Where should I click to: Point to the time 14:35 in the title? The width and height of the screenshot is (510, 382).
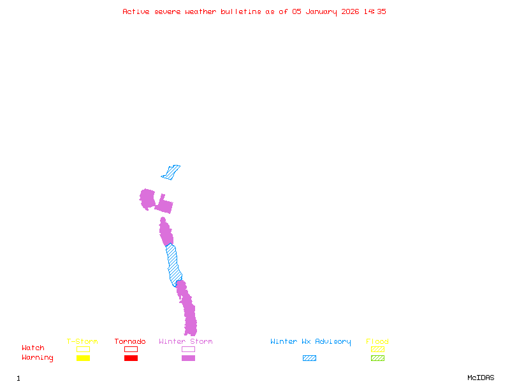[x=374, y=11]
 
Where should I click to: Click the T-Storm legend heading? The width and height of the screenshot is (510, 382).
[x=82, y=342]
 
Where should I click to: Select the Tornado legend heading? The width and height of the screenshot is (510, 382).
[x=130, y=342]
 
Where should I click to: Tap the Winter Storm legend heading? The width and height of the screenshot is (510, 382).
[x=186, y=342]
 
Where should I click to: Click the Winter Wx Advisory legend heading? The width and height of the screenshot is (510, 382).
[x=310, y=342]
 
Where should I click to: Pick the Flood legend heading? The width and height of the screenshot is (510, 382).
[x=377, y=342]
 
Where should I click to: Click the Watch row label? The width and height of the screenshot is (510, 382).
[x=33, y=348]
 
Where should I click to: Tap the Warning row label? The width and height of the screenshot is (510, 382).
[x=38, y=358]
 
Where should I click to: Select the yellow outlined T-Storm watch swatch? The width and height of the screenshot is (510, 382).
[x=83, y=349]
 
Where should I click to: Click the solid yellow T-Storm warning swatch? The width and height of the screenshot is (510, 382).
[x=83, y=358]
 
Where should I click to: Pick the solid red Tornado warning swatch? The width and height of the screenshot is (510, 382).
[x=131, y=358]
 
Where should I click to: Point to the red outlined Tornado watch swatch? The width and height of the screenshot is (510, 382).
[x=131, y=349]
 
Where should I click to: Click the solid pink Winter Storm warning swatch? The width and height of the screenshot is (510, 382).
[x=188, y=358]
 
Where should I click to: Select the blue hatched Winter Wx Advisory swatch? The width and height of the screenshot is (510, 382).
[x=309, y=358]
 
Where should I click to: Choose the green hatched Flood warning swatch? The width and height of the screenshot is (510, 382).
[x=377, y=358]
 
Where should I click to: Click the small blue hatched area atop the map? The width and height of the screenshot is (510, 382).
[x=171, y=172]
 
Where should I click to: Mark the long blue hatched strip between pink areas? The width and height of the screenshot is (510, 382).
[x=173, y=265]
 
